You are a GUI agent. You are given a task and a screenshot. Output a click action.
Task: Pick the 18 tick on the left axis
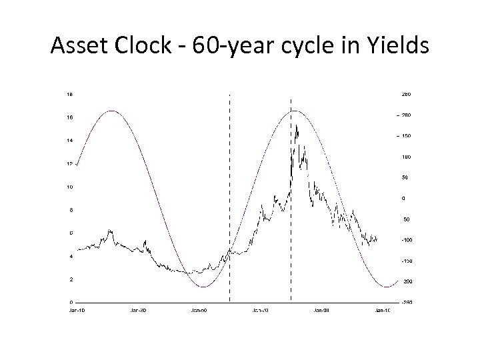[69, 95]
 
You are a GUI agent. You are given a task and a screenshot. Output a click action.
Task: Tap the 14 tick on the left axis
[69, 141]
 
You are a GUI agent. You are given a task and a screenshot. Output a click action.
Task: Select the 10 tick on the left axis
[69, 187]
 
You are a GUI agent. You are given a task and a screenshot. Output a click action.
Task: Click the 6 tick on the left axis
[70, 233]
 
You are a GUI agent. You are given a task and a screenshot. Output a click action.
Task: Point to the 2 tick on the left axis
[70, 279]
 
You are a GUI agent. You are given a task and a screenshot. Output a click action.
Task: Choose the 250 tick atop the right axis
[405, 95]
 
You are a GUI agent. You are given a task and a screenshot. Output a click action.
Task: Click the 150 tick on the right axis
[405, 136]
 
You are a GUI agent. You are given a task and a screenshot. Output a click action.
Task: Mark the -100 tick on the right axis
[405, 240]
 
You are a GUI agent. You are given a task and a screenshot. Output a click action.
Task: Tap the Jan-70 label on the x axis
[261, 311]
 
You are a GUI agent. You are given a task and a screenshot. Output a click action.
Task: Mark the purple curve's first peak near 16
[111, 111]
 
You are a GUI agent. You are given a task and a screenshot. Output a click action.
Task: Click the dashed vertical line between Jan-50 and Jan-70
[229, 200]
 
